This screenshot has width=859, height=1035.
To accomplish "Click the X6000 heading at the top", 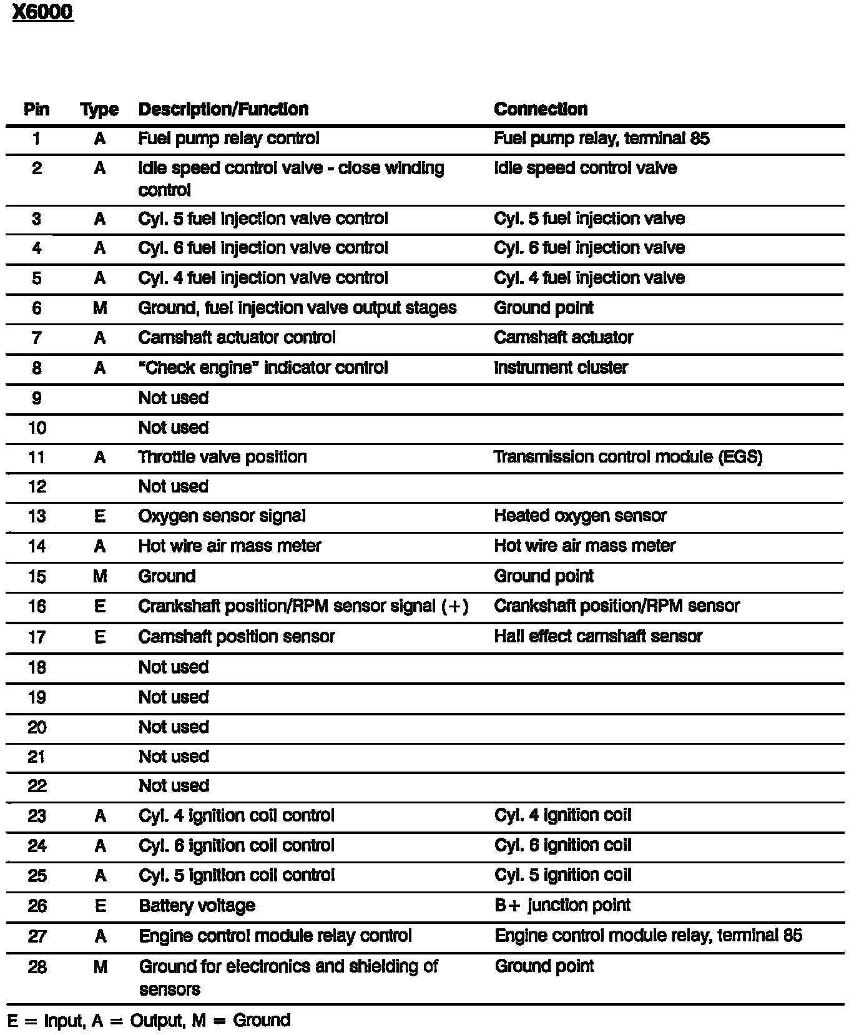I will click(42, 13).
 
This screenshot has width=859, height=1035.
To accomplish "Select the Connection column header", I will click(540, 109).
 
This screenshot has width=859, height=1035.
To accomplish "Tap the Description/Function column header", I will click(223, 109).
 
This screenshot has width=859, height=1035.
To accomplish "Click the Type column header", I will click(99, 110).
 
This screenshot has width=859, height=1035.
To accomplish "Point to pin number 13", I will click(37, 516).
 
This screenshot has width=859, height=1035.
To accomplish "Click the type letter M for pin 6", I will click(100, 308).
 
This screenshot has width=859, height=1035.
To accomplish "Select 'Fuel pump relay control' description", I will click(228, 139).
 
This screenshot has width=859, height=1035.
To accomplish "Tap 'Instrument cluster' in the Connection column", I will click(560, 368).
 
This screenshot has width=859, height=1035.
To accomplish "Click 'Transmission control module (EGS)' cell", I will click(627, 457).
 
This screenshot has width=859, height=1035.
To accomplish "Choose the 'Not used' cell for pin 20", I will click(174, 727).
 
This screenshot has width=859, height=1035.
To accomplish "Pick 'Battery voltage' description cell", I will click(197, 906).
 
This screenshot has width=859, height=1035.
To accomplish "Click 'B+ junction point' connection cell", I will click(562, 905).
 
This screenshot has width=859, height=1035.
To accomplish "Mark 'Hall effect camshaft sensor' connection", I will click(597, 637).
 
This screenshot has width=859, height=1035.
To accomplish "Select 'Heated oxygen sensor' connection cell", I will click(580, 516).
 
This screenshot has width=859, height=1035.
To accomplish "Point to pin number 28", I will click(37, 967).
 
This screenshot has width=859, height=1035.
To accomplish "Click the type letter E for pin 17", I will click(100, 637).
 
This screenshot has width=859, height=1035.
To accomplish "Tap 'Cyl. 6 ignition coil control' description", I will click(236, 846).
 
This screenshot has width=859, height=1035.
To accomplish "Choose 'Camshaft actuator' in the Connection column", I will click(563, 338).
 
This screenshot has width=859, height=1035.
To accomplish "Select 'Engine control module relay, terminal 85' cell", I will click(648, 936).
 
